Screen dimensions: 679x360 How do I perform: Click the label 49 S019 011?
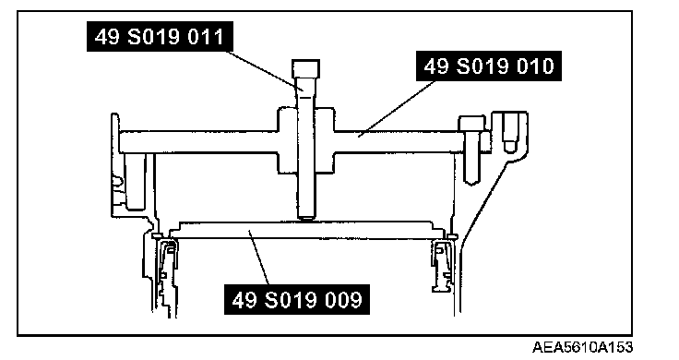[160, 37]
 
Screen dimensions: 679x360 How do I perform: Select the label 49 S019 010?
[489, 66]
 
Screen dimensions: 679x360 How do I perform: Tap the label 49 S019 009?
[297, 299]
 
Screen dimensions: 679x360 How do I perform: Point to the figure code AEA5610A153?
[582, 347]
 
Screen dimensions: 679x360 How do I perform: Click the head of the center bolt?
[305, 68]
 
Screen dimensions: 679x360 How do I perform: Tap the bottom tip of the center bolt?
[306, 218]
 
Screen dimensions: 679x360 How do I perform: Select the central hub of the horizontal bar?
[305, 141]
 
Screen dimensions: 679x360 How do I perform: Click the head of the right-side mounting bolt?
[472, 123]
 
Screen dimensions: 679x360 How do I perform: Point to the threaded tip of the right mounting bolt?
[471, 178]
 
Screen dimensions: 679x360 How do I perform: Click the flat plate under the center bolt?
[306, 230]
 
